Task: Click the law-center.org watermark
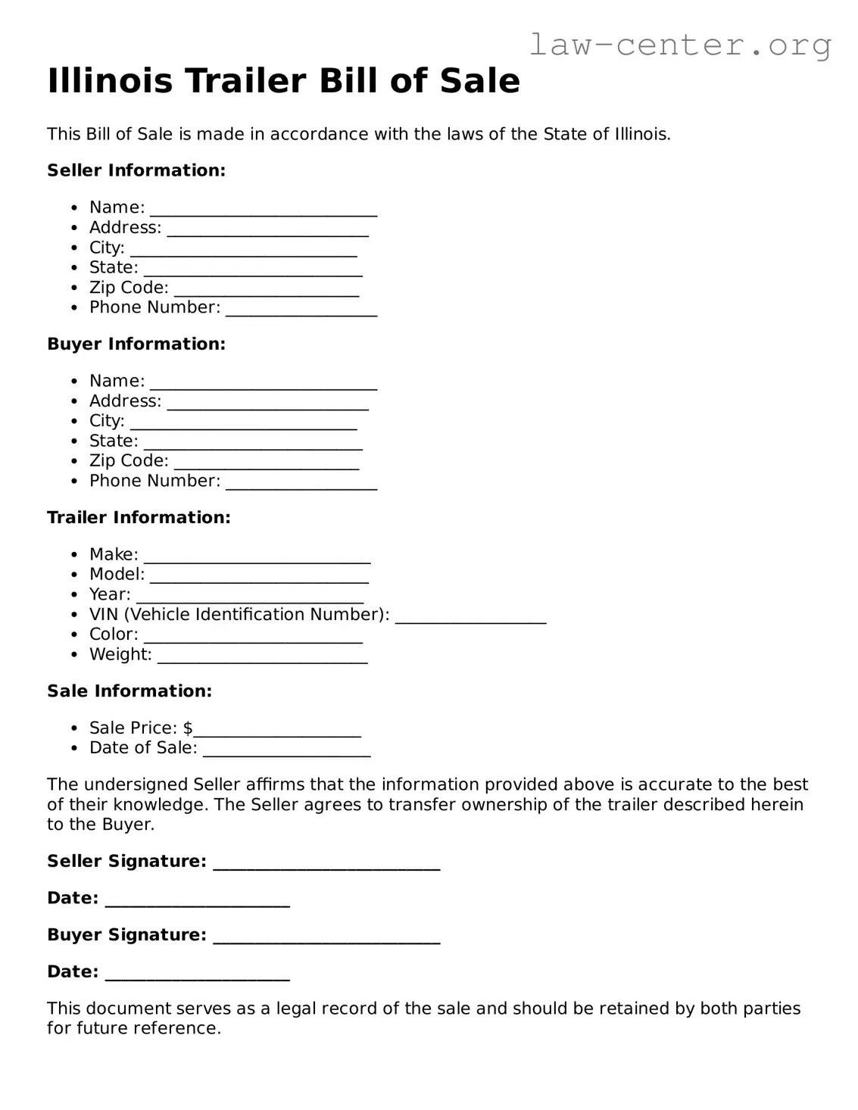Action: point(679,45)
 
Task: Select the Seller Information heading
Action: point(136,170)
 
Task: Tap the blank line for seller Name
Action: point(264,210)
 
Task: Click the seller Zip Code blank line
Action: point(267,291)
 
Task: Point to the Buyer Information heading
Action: point(136,344)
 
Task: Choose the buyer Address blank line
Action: point(268,404)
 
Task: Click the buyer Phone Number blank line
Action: point(301,485)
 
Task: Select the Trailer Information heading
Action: point(139,517)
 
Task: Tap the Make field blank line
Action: point(257,558)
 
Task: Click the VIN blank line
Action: point(470,618)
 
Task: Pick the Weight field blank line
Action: point(263,658)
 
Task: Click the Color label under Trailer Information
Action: point(114,635)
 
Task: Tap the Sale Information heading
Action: point(129,691)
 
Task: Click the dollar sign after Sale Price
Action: point(188,728)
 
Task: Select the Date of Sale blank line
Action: point(287,751)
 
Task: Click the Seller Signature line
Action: point(326,865)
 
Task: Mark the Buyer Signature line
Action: point(326,938)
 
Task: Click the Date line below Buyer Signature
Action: point(198,975)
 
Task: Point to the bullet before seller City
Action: point(73,248)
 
